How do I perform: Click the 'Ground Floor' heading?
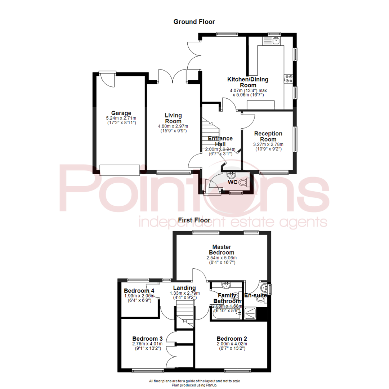194,22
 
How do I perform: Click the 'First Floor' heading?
194,219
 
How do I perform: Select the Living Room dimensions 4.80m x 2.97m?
173,126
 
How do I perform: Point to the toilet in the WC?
243,182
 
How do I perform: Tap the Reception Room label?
268,137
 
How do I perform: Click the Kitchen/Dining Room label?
247,82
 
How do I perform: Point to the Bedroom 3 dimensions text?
148,346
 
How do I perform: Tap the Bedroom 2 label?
232,339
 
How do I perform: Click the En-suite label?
255,295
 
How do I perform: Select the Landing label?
184,288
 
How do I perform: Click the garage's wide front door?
120,170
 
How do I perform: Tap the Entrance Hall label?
220,141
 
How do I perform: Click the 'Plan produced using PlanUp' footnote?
194,385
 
